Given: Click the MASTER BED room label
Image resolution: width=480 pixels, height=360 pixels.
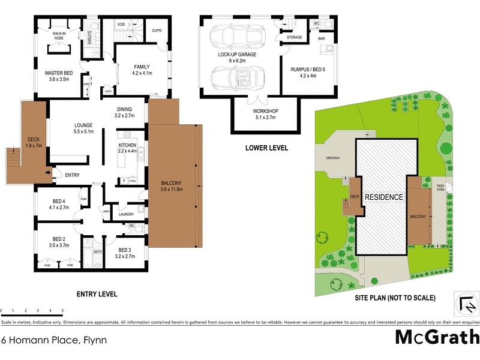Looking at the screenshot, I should click(59, 73).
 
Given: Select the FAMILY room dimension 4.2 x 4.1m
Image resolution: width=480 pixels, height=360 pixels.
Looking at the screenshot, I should click(142, 73).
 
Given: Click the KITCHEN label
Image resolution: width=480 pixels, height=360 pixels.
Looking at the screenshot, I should click(128, 145).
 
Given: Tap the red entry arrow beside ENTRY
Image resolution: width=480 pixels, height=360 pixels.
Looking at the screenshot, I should click(48, 174).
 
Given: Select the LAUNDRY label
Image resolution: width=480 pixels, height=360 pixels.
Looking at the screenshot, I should click(125, 214).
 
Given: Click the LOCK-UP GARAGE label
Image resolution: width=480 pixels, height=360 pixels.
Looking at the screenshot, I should click(237, 55).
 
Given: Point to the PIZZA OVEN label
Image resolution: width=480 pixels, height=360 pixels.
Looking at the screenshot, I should click(440, 187).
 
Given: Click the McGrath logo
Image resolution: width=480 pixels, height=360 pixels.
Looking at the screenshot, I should click(436, 337).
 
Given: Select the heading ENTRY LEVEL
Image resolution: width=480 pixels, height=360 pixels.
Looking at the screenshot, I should click(97, 295).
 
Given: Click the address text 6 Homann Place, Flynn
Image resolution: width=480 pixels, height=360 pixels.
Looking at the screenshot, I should click(50, 340).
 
